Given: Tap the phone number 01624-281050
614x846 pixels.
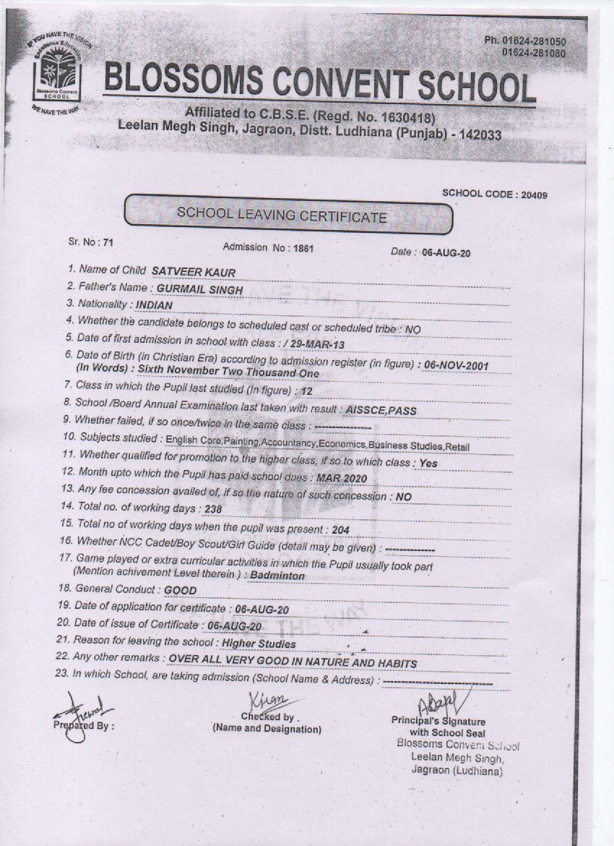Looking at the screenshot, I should pyautogui.click(x=524, y=42).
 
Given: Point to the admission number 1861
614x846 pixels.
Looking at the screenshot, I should pyautogui.click(x=303, y=248).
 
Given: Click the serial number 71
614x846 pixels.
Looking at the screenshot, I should pyautogui.click(x=108, y=242).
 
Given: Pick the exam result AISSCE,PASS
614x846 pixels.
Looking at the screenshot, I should pyautogui.click(x=381, y=410).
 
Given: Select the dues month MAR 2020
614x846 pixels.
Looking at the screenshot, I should pyautogui.click(x=342, y=478).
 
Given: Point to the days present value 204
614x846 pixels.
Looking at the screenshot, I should pyautogui.click(x=340, y=530).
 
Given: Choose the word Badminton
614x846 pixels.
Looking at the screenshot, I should pyautogui.click(x=277, y=576).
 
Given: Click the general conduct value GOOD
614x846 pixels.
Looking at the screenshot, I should pyautogui.click(x=180, y=590).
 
